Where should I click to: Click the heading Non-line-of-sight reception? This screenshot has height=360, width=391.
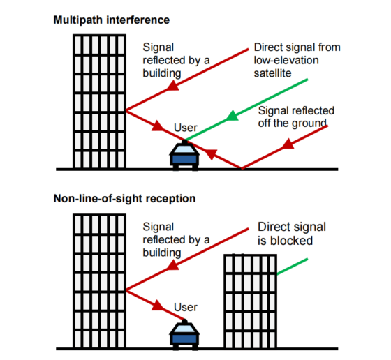point(125,199)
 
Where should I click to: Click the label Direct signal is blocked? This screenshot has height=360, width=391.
point(292,234)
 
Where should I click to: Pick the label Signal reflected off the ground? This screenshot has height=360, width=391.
point(296,117)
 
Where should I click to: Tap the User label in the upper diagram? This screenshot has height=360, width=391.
point(185,128)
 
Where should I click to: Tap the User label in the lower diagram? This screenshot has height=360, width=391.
point(185,307)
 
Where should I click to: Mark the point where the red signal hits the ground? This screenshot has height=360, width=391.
point(242,168)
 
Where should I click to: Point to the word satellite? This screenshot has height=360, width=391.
point(275,72)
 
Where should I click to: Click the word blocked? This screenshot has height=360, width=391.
point(293,241)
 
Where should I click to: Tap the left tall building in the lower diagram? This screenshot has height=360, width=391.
point(98,279)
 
